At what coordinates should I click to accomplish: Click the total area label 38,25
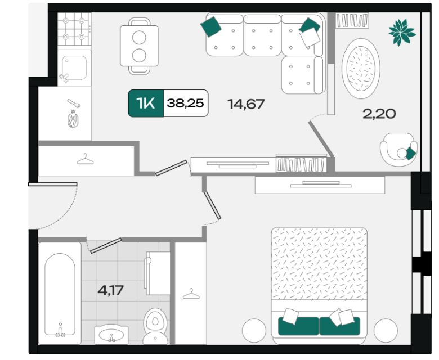[185, 103]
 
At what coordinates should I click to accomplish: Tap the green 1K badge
[146, 103]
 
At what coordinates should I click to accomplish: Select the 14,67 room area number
[246, 104]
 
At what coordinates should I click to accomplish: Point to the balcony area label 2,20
[379, 114]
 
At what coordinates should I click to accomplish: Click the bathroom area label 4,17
[110, 290]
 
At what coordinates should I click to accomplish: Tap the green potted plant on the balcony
[402, 33]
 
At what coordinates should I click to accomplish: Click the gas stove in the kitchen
[74, 29]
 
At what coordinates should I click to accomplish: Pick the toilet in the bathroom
[155, 326]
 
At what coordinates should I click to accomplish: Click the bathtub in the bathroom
[60, 294]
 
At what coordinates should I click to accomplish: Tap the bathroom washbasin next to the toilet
[111, 335]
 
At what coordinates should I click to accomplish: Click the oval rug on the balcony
[361, 69]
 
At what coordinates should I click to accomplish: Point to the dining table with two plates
[139, 46]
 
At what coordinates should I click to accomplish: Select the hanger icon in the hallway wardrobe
[85, 159]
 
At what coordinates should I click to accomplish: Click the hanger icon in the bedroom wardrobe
[191, 294]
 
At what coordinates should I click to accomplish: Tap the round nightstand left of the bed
[254, 330]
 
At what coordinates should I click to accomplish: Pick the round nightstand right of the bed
[386, 330]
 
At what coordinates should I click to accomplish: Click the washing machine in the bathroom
[158, 273]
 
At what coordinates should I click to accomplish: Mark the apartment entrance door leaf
[53, 184]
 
